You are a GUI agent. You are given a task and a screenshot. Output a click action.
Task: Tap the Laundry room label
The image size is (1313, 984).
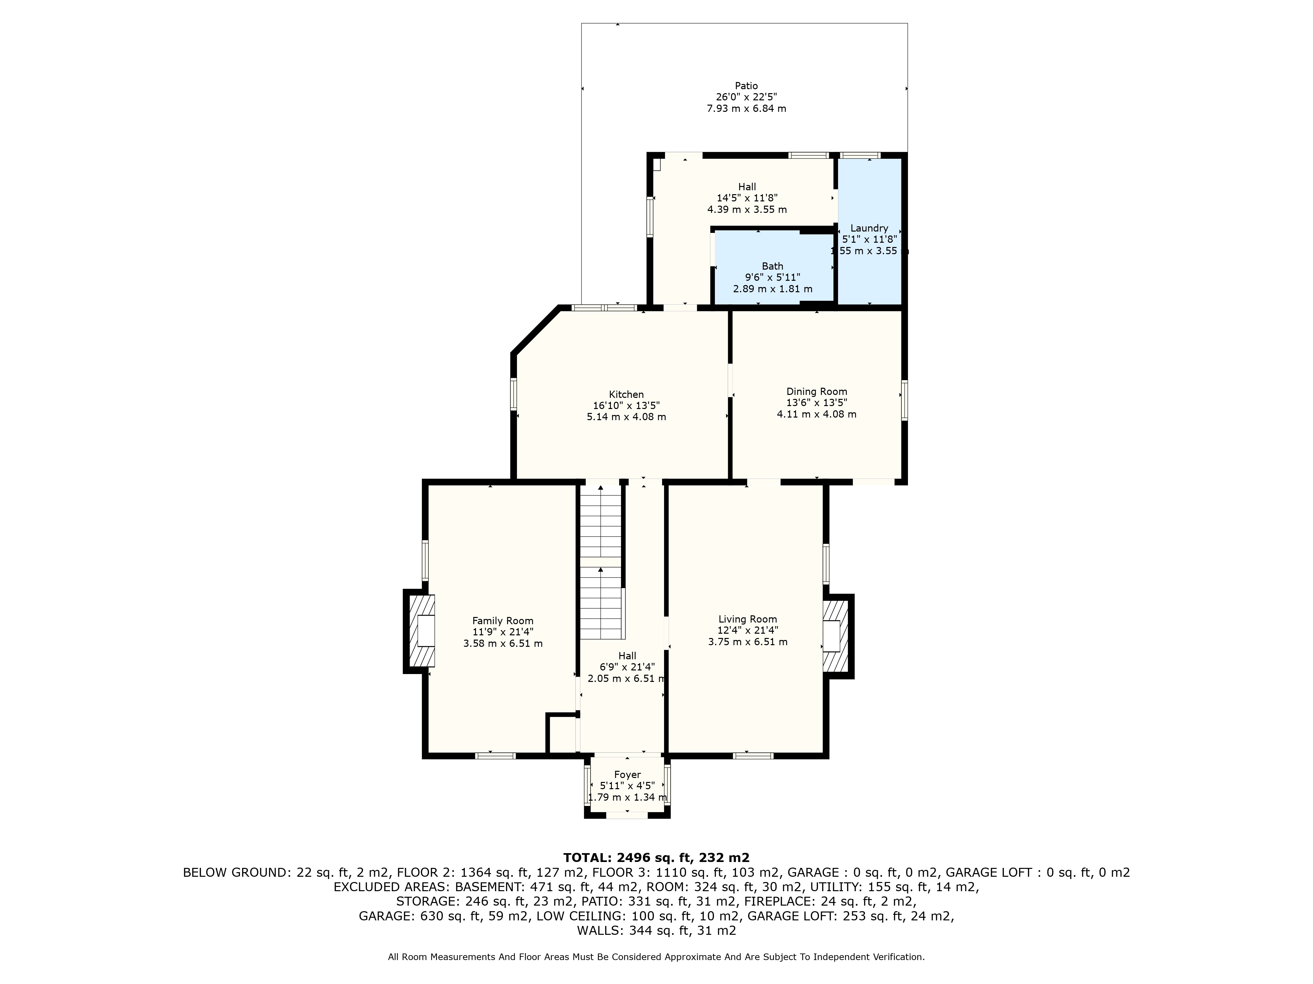(x=869, y=228)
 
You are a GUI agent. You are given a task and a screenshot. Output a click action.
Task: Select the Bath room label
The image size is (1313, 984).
(x=772, y=266)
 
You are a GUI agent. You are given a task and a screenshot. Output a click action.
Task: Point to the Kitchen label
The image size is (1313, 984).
(x=626, y=395)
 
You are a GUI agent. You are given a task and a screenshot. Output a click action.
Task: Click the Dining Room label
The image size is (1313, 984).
(x=817, y=391)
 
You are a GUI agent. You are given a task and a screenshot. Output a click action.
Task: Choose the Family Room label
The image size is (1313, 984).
(x=503, y=621)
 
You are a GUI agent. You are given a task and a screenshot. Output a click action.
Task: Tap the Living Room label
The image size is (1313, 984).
(x=747, y=619)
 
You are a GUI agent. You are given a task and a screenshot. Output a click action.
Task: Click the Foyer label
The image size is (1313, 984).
(x=627, y=775)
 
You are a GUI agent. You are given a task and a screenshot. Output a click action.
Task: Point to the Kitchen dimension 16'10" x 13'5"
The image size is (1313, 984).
(x=626, y=406)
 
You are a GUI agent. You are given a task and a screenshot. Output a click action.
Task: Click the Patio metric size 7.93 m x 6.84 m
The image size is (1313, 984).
(x=746, y=109)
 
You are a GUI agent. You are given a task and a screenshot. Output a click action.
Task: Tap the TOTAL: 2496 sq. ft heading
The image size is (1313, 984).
(x=656, y=858)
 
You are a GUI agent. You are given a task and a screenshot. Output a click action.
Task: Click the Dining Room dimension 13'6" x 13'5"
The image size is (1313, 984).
(x=817, y=403)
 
